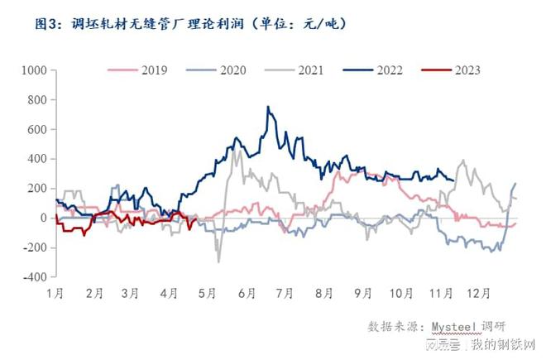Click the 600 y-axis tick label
click(x=36, y=130)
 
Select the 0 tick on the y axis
click(x=43, y=218)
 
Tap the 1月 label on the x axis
click(x=55, y=293)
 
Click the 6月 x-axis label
click(x=246, y=293)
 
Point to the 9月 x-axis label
click(x=362, y=293)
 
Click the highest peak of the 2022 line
click(x=268, y=107)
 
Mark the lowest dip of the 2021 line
click(x=218, y=262)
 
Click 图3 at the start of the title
click(x=47, y=24)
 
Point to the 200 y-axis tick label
click(x=36, y=189)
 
